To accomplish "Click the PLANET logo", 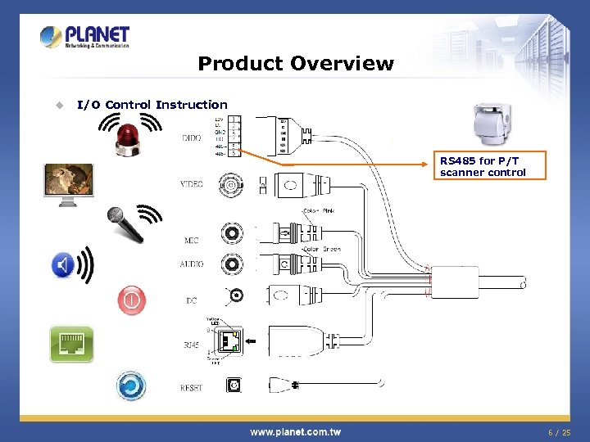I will click(x=85, y=36).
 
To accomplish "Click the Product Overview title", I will click(x=295, y=64).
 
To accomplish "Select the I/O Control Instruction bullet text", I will click(x=152, y=105).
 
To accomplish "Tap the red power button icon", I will click(x=131, y=300).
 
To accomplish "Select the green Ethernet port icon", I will click(x=71, y=344).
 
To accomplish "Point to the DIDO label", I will click(x=191, y=138).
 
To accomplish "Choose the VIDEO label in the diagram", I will click(x=191, y=184).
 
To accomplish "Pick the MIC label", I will click(x=191, y=241).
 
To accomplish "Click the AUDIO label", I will click(x=191, y=264).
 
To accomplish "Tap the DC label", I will click(x=191, y=300).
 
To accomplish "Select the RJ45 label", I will click(x=191, y=345).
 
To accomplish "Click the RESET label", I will click(x=191, y=387).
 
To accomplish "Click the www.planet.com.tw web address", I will click(x=295, y=431).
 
